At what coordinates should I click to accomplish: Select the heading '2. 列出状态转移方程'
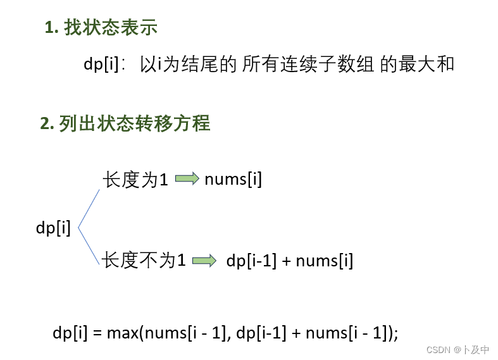pyautogui.click(x=125, y=123)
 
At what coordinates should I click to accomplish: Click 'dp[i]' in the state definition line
pyautogui.click(x=101, y=65)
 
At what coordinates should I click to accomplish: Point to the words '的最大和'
pyautogui.click(x=417, y=65)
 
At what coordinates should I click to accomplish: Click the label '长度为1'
pyautogui.click(x=135, y=180)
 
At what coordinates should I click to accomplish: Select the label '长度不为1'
pyautogui.click(x=144, y=260)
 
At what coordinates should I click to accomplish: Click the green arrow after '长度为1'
pyautogui.click(x=187, y=180)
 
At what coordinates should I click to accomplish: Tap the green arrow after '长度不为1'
pyautogui.click(x=204, y=261)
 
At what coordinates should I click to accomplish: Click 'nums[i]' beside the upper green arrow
pyautogui.click(x=233, y=180)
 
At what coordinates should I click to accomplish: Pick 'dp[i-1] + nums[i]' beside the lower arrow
pyautogui.click(x=289, y=261)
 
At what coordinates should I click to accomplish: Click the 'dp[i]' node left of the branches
pyautogui.click(x=53, y=228)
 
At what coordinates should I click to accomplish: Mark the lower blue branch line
pyautogui.click(x=89, y=247)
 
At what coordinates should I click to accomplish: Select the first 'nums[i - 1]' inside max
pyautogui.click(x=185, y=333)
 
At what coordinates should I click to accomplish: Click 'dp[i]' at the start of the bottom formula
pyautogui.click(x=70, y=333)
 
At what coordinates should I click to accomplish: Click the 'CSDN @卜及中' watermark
pyautogui.click(x=458, y=349)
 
